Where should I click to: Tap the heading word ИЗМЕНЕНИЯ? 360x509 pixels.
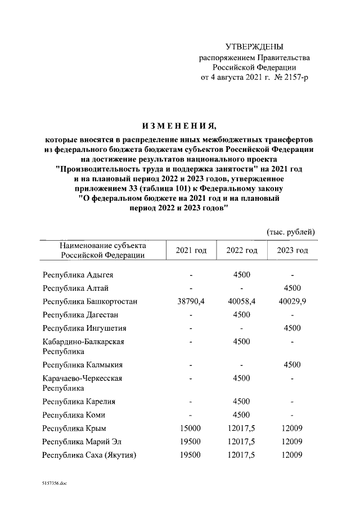[x=179, y=124]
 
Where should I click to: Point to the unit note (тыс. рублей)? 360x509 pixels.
[x=290, y=232]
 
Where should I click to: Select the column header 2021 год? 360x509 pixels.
[x=191, y=250]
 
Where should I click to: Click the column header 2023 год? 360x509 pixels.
[x=292, y=250]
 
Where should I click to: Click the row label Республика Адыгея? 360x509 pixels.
[x=78, y=274]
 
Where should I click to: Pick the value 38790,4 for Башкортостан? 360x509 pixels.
[x=191, y=301]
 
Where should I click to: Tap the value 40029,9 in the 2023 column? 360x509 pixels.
[x=292, y=301]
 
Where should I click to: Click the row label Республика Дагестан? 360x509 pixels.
[x=81, y=315]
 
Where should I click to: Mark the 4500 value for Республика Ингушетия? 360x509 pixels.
[x=292, y=328]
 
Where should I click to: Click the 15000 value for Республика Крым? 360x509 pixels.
[x=191, y=429]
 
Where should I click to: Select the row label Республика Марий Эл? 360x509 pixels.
[x=82, y=442]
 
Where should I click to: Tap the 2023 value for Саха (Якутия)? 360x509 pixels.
[x=292, y=456]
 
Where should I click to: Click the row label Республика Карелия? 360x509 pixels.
[x=79, y=402]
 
